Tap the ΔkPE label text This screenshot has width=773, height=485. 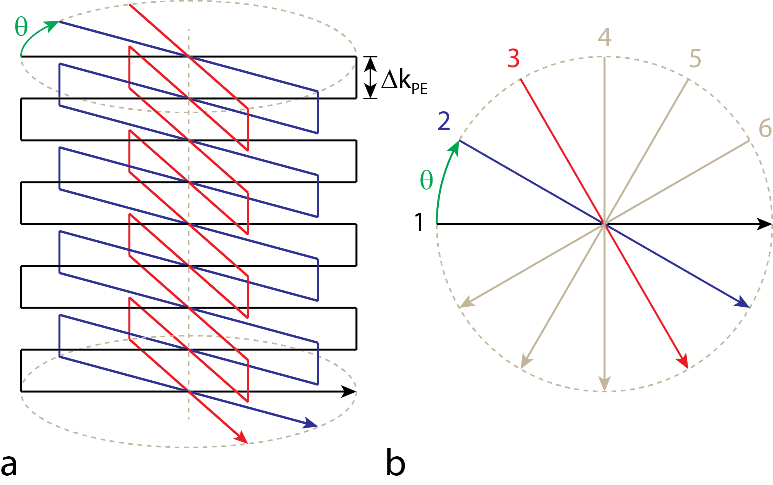pyautogui.click(x=404, y=81)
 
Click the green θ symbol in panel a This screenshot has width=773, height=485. pyautogui.click(x=21, y=27)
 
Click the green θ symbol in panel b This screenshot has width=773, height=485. pyautogui.click(x=426, y=180)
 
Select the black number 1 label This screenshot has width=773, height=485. pyautogui.click(x=419, y=223)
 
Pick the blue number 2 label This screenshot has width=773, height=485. pyautogui.click(x=444, y=121)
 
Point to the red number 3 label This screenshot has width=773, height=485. pyautogui.click(x=513, y=59)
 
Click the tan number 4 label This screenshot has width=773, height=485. pyautogui.click(x=604, y=37)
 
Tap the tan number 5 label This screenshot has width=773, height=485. pyautogui.click(x=695, y=59)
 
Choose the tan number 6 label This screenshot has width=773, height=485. pyautogui.click(x=765, y=128)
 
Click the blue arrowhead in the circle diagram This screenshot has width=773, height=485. pyautogui.click(x=742, y=302)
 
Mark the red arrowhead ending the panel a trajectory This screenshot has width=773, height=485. pyautogui.click(x=242, y=437)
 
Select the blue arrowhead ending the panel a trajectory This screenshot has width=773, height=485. pyautogui.click(x=311, y=423)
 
